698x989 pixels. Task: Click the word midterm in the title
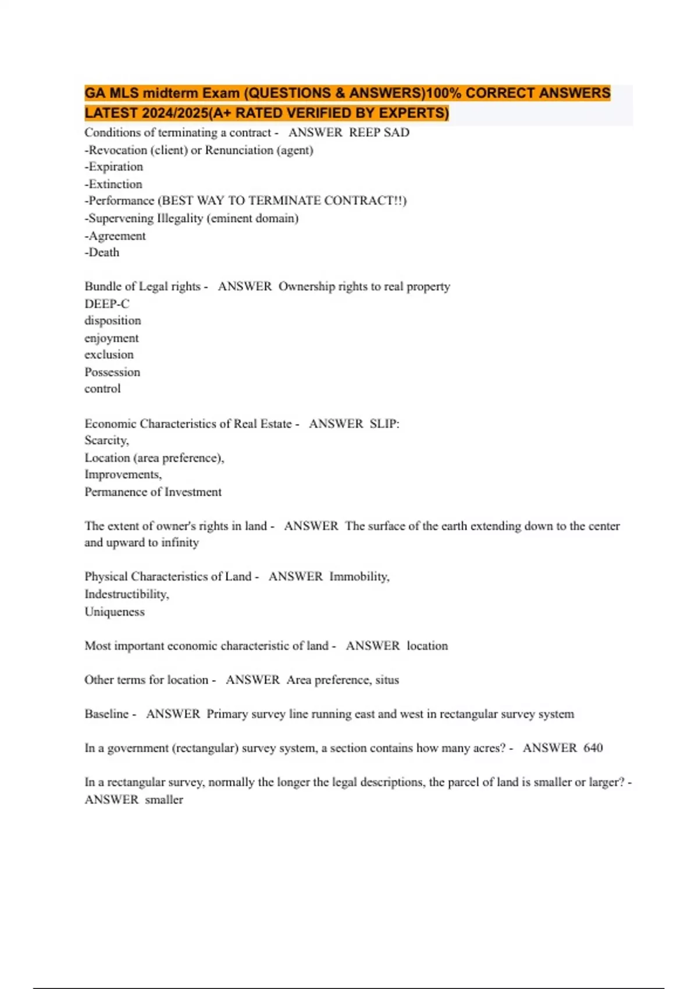[x=170, y=93]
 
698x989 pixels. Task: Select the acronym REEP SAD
[x=379, y=133]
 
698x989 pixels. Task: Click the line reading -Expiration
[x=114, y=167]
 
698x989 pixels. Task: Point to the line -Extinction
[x=113, y=184]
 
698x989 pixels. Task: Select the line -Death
[x=102, y=252]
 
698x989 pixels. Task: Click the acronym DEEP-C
[x=107, y=304]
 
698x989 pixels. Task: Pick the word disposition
[x=113, y=321]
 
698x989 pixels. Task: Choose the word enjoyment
[x=112, y=338]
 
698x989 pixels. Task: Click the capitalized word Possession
[x=112, y=372]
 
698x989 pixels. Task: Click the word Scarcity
[x=106, y=440]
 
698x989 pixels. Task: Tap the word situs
[x=387, y=680]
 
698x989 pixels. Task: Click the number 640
[x=593, y=748]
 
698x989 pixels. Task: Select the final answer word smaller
[x=164, y=800]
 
